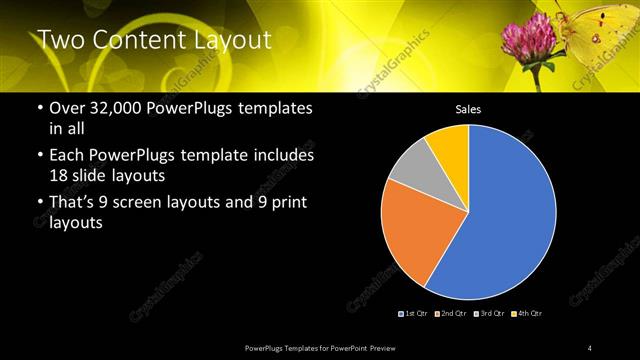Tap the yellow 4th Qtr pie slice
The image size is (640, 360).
tap(450, 145)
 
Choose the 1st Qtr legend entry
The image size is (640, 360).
tap(412, 314)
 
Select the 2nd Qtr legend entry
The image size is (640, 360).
tap(451, 314)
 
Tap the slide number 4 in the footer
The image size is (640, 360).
tap(589, 347)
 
